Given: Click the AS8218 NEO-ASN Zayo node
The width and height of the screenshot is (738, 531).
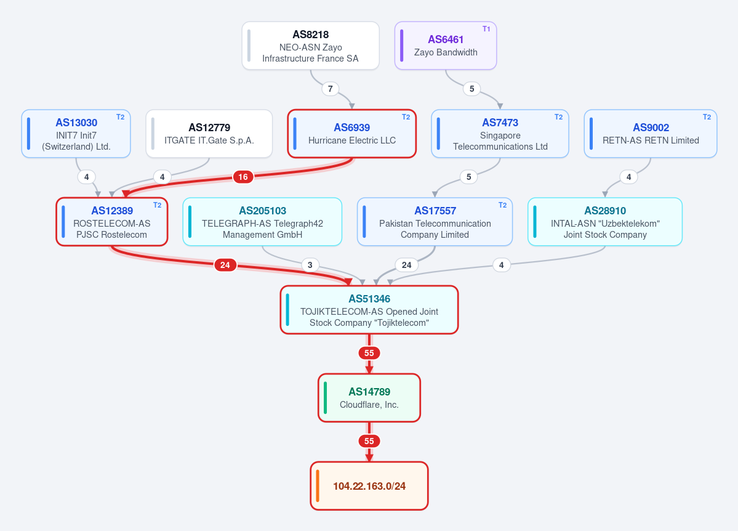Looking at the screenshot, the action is [311, 46].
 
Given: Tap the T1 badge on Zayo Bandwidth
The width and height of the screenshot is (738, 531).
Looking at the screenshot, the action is [486, 29].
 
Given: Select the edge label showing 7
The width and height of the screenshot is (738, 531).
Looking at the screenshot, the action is [331, 89].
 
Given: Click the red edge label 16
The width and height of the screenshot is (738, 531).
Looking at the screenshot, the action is [243, 177].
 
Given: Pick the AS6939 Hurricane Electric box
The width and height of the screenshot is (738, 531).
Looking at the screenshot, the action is [352, 134].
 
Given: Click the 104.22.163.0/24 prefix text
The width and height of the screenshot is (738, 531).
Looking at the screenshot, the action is [369, 486].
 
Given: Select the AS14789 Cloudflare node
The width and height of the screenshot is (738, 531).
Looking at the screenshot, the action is [369, 398].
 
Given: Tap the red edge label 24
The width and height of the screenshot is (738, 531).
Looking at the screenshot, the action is [225, 265].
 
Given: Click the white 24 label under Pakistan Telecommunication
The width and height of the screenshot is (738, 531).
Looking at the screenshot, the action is [407, 265].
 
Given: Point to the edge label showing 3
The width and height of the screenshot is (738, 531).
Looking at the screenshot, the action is [310, 265].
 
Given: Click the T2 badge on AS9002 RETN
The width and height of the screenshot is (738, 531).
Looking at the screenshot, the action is [707, 117].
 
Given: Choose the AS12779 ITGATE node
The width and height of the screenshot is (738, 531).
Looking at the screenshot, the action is [209, 134].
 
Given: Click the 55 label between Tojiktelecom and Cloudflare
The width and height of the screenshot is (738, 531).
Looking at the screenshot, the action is [369, 353].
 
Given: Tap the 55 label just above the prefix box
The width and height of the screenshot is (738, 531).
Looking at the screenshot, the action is [369, 441].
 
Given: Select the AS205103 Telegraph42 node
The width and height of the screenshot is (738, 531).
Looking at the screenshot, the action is [262, 222].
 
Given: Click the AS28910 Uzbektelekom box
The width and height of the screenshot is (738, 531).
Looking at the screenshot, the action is [605, 222].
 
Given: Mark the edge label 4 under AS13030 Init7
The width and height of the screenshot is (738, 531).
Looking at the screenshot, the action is [86, 177].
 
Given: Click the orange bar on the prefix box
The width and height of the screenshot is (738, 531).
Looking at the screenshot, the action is [318, 486].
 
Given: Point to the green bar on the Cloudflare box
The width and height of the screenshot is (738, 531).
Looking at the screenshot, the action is [325, 398].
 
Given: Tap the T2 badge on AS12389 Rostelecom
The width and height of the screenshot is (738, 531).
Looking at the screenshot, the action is [157, 205].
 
